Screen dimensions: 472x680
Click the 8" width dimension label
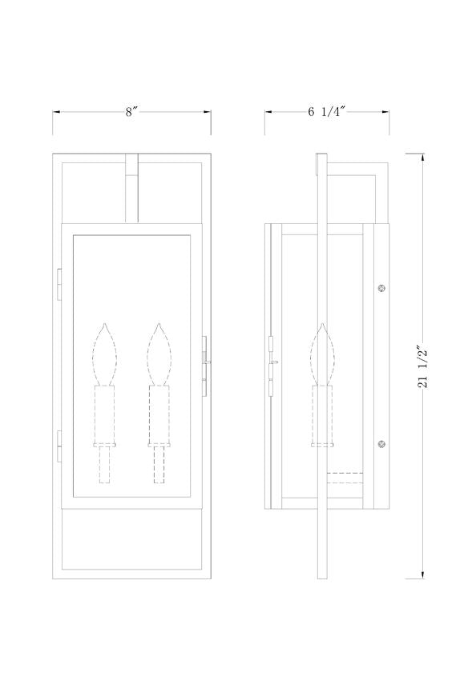[131, 111]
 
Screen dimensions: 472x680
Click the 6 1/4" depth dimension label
[326, 111]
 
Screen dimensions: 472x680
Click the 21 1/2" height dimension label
[422, 366]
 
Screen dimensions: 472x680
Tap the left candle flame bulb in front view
[105, 354]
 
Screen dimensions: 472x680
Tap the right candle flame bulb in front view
[159, 354]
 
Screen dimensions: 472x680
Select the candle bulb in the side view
[323, 354]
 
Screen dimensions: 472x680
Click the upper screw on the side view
[382, 287]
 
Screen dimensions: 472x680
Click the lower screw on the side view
[382, 444]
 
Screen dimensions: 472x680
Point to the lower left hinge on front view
[59, 446]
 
